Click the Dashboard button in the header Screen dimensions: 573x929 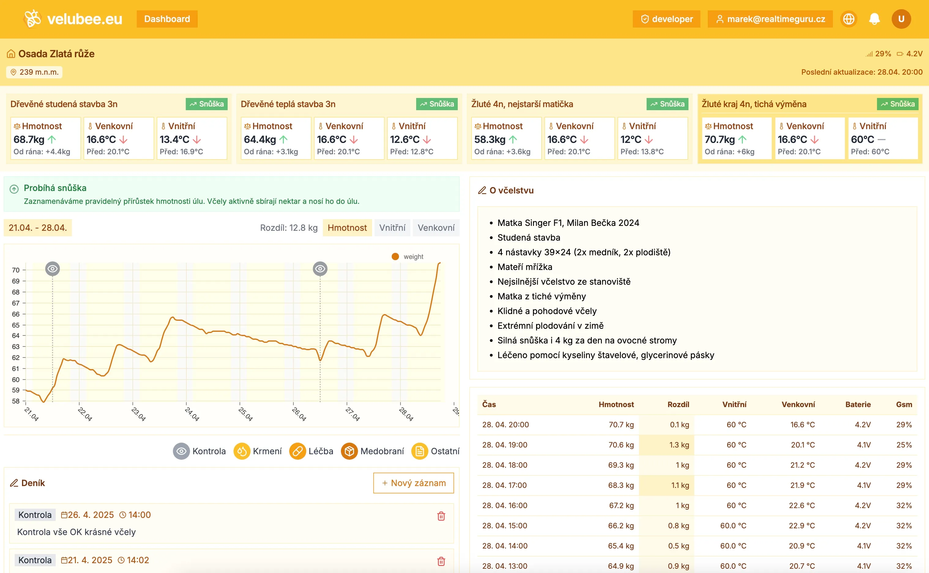(167, 19)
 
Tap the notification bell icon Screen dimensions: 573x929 (874, 19)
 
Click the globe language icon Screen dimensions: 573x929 (849, 19)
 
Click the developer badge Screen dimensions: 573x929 (666, 19)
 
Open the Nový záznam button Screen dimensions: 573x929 (413, 483)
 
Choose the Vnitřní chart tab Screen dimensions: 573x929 (392, 228)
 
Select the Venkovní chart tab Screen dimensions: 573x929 (436, 228)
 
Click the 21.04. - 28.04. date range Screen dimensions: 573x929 (38, 228)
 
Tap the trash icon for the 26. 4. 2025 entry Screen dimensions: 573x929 (441, 516)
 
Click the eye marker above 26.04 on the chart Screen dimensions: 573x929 (320, 269)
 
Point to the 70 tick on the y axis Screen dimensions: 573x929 (16, 270)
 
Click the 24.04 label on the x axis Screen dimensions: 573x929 (192, 414)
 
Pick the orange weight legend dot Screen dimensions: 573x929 (395, 257)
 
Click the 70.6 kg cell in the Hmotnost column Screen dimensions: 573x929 (621, 445)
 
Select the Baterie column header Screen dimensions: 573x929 (858, 404)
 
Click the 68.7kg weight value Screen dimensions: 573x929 (29, 140)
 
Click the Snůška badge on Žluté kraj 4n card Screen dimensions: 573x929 (897, 104)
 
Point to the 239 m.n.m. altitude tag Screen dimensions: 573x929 (35, 72)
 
